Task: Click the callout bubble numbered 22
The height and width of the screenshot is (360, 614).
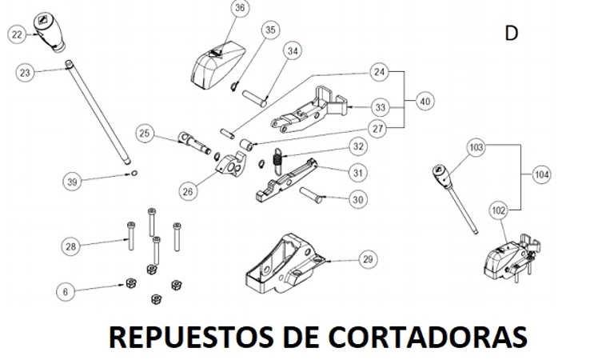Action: coord(18,34)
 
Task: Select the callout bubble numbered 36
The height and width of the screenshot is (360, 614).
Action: coord(240,9)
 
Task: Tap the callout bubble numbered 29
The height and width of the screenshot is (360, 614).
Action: coord(367,259)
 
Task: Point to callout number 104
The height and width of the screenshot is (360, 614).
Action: coord(541,174)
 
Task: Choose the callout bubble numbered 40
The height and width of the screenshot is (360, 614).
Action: coord(425,102)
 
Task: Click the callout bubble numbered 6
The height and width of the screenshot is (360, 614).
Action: coord(66,292)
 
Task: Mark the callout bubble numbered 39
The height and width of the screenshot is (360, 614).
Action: coord(73,182)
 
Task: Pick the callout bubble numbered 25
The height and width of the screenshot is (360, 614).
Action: coord(144,133)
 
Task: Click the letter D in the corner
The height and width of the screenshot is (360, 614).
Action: coord(512,33)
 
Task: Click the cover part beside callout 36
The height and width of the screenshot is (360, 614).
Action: coord(218,62)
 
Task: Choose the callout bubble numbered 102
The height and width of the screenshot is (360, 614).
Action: coord(498,210)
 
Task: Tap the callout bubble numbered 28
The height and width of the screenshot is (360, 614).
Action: coord(71,246)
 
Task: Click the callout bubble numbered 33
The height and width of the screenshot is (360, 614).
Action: coord(380,106)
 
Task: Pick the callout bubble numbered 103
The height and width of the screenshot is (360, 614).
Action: coord(476,148)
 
